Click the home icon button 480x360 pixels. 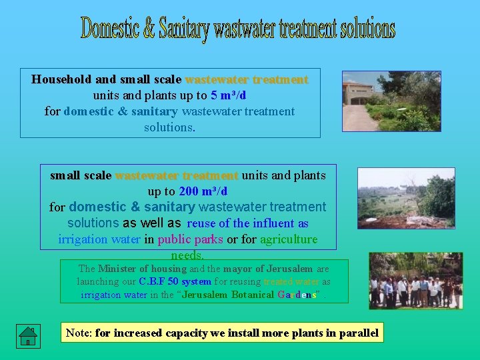pos(27,335)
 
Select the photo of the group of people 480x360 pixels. pos(415,281)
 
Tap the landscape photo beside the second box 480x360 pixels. pos(405,199)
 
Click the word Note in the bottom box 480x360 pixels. pos(78,333)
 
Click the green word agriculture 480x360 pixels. pos(289,239)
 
